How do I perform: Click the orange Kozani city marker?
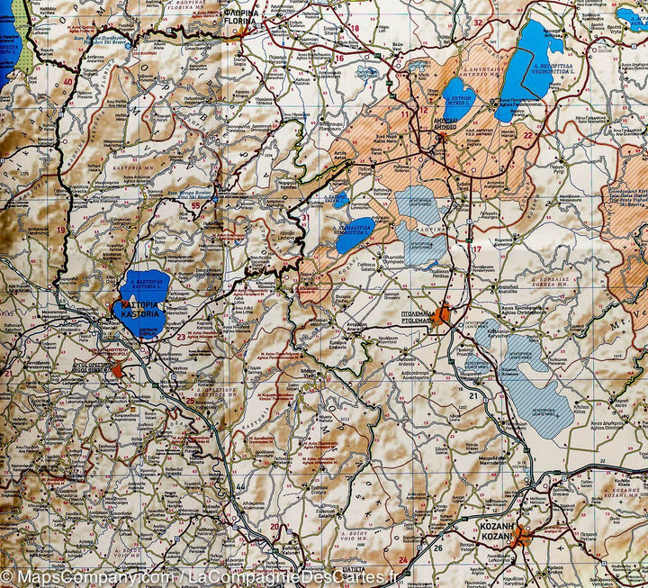point(520,538)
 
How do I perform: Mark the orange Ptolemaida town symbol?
point(445,319)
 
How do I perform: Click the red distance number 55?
point(195,206)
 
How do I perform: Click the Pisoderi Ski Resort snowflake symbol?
point(129,43)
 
